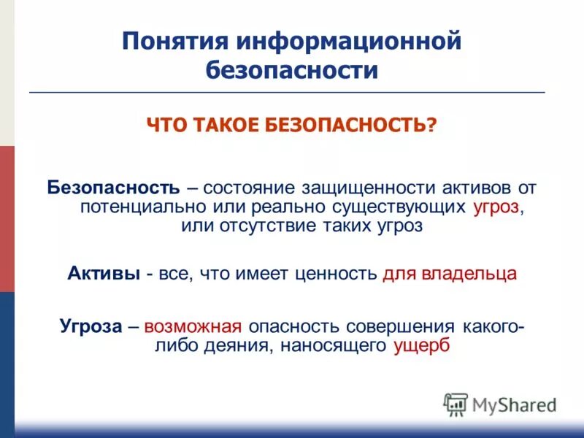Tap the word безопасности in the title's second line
tap(292, 71)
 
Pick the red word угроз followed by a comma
tap(496, 207)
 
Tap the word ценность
tap(336, 274)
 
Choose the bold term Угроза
tap(91, 326)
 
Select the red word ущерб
tap(422, 345)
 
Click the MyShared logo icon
tap(456, 403)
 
